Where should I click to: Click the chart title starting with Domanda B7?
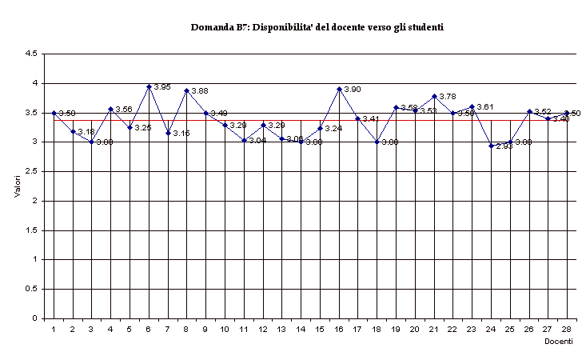317,27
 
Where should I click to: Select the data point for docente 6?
149,86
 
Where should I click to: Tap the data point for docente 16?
339,89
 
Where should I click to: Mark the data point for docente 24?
492,146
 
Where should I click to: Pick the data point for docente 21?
434,96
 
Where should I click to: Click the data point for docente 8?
186,90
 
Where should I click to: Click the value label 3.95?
162,87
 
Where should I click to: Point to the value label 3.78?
448,97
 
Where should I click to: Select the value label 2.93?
504,146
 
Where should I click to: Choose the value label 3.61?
485,107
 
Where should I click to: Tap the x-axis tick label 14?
301,329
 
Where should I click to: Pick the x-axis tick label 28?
567,329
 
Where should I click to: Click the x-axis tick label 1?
54,329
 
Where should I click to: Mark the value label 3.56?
124,110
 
